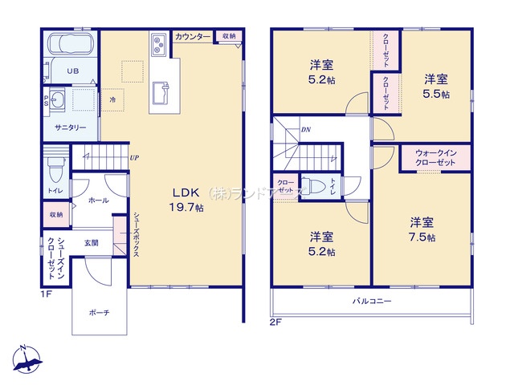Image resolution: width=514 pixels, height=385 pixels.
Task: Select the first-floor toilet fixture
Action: pyautogui.click(x=55, y=169)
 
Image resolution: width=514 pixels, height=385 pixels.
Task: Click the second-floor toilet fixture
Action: pyautogui.click(x=319, y=188)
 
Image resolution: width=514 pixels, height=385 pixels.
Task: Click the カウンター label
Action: pyautogui.click(x=193, y=37)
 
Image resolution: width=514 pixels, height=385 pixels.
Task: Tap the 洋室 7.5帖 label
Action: pyautogui.click(x=422, y=229)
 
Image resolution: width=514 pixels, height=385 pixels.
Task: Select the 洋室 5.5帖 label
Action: pyautogui.click(x=437, y=87)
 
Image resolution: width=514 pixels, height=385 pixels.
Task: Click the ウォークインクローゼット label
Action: pyautogui.click(x=435, y=157)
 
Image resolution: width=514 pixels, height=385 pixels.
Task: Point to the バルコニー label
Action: pyautogui.click(x=370, y=302)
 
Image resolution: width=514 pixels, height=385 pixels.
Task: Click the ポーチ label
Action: pyautogui.click(x=100, y=312)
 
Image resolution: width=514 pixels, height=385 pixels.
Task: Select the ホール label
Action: pyautogui.click(x=98, y=201)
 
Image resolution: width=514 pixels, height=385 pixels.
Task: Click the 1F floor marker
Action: pyautogui.click(x=47, y=294)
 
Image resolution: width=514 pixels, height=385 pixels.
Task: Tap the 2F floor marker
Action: pyautogui.click(x=275, y=322)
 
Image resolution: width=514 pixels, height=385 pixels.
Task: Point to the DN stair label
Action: pyautogui.click(x=306, y=129)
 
